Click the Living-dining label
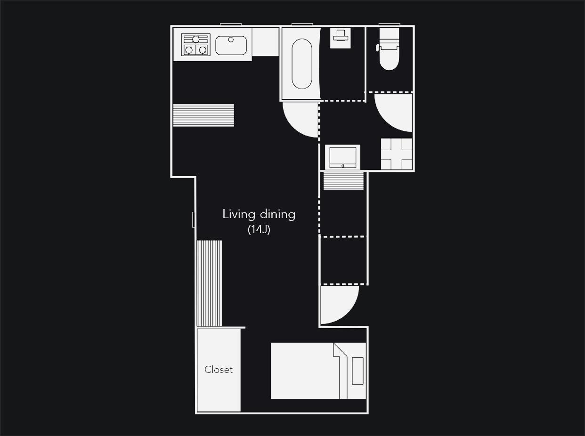coord(259,215)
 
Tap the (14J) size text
coord(259,230)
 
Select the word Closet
coord(219,370)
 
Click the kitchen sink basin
coord(231,46)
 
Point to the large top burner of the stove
coord(196,40)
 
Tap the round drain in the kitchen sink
coord(231,40)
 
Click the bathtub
coord(302,64)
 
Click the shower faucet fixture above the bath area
coord(341,38)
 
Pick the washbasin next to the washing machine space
coord(343,157)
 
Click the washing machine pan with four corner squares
coord(397,154)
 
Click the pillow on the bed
coord(357,371)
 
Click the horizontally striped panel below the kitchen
coord(203,115)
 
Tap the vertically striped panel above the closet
coord(209,283)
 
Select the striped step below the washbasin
coord(343,181)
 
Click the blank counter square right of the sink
coord(266,42)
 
